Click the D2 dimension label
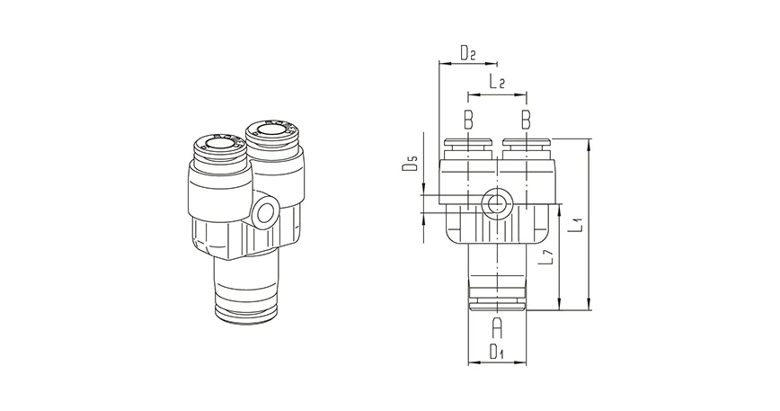(x=467, y=53)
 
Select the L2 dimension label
(x=496, y=83)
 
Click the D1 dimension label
(x=497, y=352)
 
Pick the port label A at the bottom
(x=497, y=326)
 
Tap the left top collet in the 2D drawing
(x=468, y=146)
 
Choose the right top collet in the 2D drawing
(x=526, y=146)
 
